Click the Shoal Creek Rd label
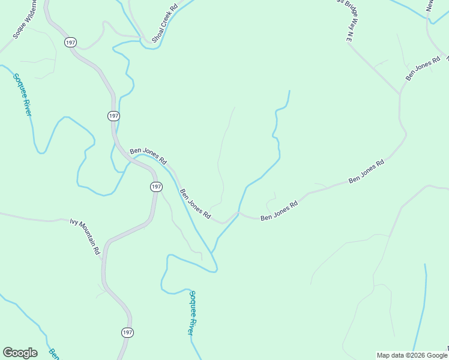tap(164, 24)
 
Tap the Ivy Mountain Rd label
tap(85, 237)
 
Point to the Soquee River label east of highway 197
tap(190, 312)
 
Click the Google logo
tap(20, 353)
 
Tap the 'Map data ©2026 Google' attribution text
tap(412, 355)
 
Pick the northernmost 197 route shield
tap(71, 42)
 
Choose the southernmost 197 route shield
tap(127, 332)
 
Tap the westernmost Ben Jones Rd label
tap(148, 155)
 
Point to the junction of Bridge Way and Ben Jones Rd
tap(400, 94)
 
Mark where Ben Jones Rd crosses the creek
tap(238, 213)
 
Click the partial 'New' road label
tap(430, 6)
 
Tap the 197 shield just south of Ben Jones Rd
tap(155, 187)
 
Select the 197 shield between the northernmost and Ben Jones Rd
tap(113, 115)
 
